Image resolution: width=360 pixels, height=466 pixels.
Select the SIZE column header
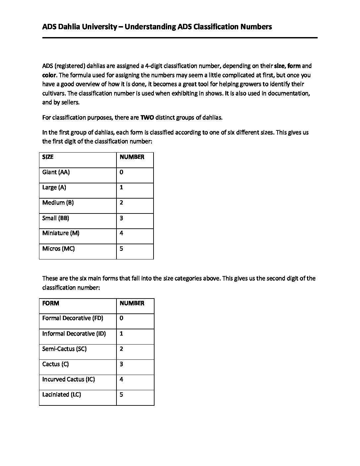click(48, 157)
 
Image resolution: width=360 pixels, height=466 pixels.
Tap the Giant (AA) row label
click(56, 172)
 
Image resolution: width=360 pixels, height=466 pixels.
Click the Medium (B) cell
click(58, 203)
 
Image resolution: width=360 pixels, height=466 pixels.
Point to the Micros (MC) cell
click(59, 249)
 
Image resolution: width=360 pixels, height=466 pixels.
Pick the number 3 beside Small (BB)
click(121, 218)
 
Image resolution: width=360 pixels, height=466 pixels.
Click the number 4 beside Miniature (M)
click(121, 233)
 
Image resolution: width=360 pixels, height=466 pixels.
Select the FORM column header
click(51, 303)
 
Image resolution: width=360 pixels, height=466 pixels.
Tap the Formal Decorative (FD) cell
click(73, 318)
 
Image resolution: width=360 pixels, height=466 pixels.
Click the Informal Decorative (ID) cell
click(74, 334)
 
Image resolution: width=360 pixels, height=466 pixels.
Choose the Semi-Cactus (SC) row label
click(65, 349)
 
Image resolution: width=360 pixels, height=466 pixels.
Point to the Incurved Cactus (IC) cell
click(68, 379)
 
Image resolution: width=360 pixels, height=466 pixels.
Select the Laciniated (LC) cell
click(62, 395)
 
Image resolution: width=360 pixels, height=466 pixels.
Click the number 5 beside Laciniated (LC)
click(121, 395)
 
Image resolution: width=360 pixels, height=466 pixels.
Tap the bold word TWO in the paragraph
click(147, 117)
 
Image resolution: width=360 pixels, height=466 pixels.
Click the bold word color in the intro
click(49, 75)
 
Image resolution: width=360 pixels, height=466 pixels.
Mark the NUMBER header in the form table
click(132, 303)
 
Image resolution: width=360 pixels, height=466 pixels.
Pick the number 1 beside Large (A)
click(121, 187)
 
